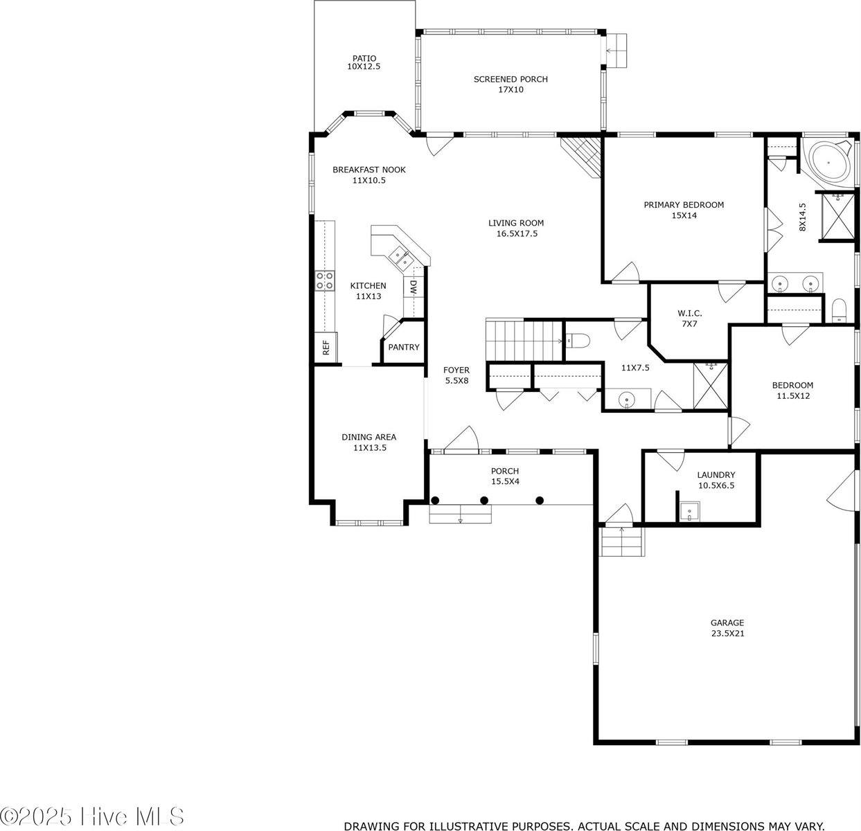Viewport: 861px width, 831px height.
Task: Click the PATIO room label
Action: [364, 62]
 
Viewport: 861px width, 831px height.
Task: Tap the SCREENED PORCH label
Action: [511, 84]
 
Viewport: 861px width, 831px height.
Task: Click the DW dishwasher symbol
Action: [413, 287]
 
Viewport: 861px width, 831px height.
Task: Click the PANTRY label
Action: [403, 347]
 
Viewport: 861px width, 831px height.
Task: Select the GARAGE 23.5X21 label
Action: [727, 627]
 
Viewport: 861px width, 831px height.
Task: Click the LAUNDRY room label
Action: [716, 479]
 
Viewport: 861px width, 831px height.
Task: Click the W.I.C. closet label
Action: [689, 319]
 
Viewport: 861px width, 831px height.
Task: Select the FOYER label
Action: [456, 375]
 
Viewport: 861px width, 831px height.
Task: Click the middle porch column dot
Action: [484, 500]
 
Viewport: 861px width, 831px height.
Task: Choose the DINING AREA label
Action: [369, 442]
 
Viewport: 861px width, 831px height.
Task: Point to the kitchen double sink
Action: [400, 258]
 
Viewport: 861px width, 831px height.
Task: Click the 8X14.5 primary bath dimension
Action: [802, 217]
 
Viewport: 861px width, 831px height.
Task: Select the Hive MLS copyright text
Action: [93, 816]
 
